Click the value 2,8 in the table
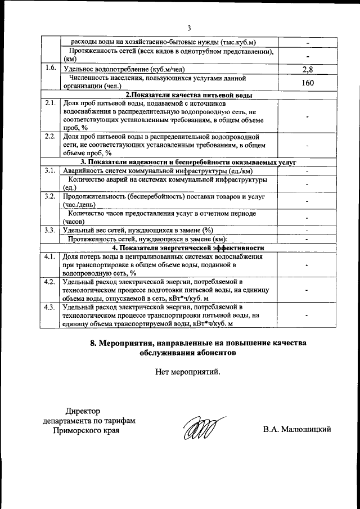307,70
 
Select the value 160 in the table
307,83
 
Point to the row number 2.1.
51,104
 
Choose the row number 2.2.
51,137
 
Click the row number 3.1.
51,170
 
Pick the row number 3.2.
51,197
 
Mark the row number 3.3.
51,230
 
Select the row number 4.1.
51,256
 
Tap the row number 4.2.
51,282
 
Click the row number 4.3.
51,307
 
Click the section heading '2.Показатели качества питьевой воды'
188,95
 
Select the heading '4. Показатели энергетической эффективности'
188,247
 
